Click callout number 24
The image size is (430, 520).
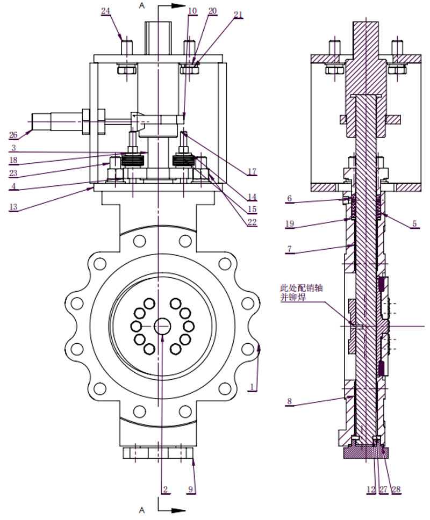pyautogui.click(x=105, y=11)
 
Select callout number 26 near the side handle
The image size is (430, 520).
pyautogui.click(x=13, y=135)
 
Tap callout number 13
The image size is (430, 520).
pyautogui.click(x=13, y=207)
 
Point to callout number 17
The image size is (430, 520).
pyautogui.click(x=252, y=172)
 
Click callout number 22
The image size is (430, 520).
pyautogui.click(x=252, y=222)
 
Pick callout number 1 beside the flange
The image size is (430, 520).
pyautogui.click(x=252, y=387)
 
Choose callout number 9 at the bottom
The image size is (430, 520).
pyautogui.click(x=190, y=489)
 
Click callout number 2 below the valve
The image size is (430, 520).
pyautogui.click(x=165, y=489)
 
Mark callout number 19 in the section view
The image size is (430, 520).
pyautogui.click(x=290, y=223)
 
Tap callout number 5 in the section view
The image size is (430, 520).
pyautogui.click(x=414, y=223)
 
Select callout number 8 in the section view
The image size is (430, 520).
pyautogui.click(x=289, y=401)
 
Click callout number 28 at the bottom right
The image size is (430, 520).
pyautogui.click(x=396, y=489)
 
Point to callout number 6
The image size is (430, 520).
pyautogui.click(x=289, y=198)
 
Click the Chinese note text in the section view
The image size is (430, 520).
pyautogui.click(x=301, y=292)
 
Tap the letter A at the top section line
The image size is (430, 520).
pyautogui.click(x=142, y=5)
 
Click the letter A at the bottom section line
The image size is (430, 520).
pyautogui.click(x=142, y=510)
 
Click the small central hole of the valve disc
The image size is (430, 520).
pyautogui.click(x=162, y=326)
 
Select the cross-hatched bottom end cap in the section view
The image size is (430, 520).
pyautogui.click(x=365, y=452)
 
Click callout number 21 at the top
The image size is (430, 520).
pyautogui.click(x=238, y=15)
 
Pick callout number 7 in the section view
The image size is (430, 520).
pyautogui.click(x=289, y=249)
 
